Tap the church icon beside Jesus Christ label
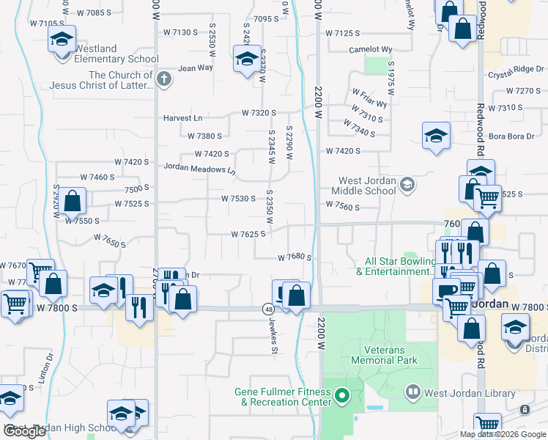[164, 79]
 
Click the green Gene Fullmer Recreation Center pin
[341, 397]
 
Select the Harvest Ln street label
[182, 117]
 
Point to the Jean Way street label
[195, 67]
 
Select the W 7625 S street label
[248, 235]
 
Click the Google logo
[25, 432]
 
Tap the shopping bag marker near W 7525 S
[73, 199]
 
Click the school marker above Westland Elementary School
[62, 38]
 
